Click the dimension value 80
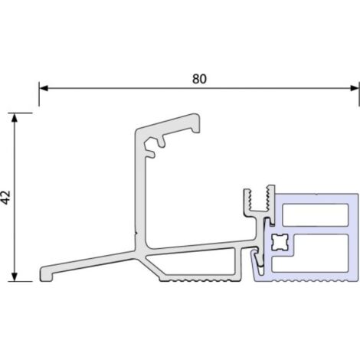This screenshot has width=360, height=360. [x=199, y=79]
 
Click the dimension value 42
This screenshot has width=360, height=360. [x=5, y=198]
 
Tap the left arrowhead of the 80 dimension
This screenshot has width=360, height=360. [x=44, y=88]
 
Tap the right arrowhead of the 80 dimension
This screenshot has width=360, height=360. [x=355, y=88]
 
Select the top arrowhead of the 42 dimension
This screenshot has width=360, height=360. [x=15, y=117]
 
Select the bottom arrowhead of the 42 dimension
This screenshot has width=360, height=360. [x=15, y=277]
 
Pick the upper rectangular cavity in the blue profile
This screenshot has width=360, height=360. [x=316, y=214]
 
